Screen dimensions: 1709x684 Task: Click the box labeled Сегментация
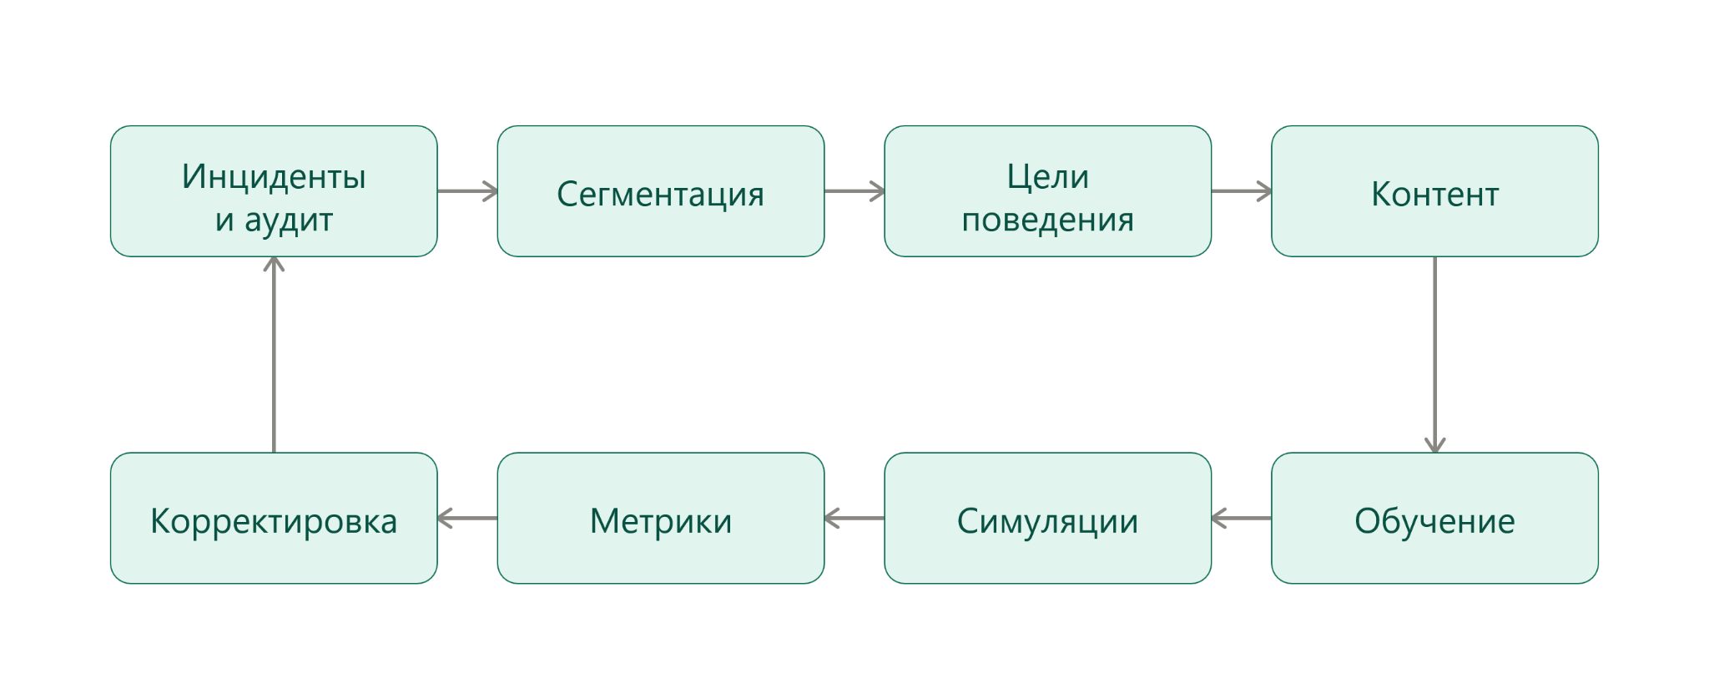coord(660,191)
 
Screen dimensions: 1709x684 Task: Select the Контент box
coord(1434,191)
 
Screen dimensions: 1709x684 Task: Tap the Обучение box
coord(1434,518)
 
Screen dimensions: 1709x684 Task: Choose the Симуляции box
coord(1047,518)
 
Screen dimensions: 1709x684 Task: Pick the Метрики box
coord(660,518)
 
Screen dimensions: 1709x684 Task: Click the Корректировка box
coord(274,518)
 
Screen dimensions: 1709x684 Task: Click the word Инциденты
coord(274,176)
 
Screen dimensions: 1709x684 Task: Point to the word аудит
coord(289,220)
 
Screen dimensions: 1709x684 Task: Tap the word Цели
coord(1047,176)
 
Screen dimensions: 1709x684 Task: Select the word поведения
coord(1047,220)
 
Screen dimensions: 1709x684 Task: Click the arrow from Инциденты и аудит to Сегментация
coord(467,191)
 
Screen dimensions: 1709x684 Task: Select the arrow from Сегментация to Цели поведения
coord(854,191)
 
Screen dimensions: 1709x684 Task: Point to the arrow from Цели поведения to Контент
coord(1242,191)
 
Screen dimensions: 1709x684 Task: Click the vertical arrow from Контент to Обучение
coord(1434,354)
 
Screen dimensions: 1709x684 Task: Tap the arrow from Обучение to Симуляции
coord(1241,518)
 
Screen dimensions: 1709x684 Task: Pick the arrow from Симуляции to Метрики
coord(854,518)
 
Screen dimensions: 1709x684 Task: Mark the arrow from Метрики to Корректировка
coord(467,518)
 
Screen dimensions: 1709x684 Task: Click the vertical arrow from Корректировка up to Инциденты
coord(274,354)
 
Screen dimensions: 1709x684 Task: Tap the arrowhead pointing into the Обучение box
coord(1434,446)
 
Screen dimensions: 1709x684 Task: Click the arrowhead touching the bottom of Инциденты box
coord(274,263)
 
